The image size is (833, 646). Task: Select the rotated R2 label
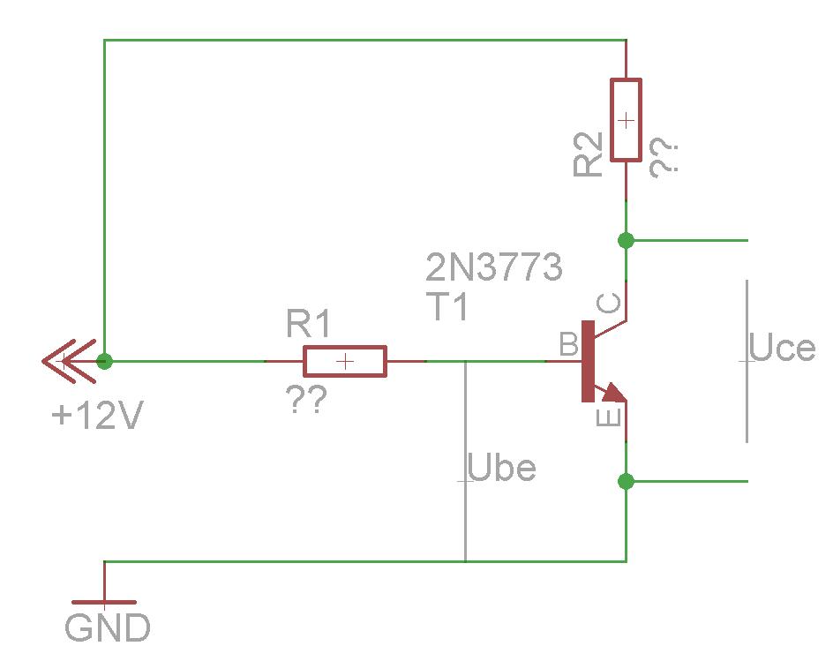pos(588,154)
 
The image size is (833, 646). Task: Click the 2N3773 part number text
pos(493,267)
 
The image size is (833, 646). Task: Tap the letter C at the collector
pos(608,303)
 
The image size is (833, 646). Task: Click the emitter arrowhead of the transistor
pos(613,392)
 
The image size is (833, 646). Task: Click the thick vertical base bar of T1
pos(588,361)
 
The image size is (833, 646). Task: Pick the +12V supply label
pos(97,415)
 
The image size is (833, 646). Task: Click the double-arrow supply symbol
pos(69,361)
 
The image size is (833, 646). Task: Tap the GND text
pos(108,627)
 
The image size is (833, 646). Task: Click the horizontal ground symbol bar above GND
pos(104,602)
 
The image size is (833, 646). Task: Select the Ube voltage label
pos(501,468)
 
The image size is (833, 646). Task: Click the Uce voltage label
pos(782,348)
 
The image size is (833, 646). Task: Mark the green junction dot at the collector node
pos(627,241)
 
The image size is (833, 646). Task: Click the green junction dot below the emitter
pos(627,481)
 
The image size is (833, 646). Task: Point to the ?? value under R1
pos(306,400)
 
